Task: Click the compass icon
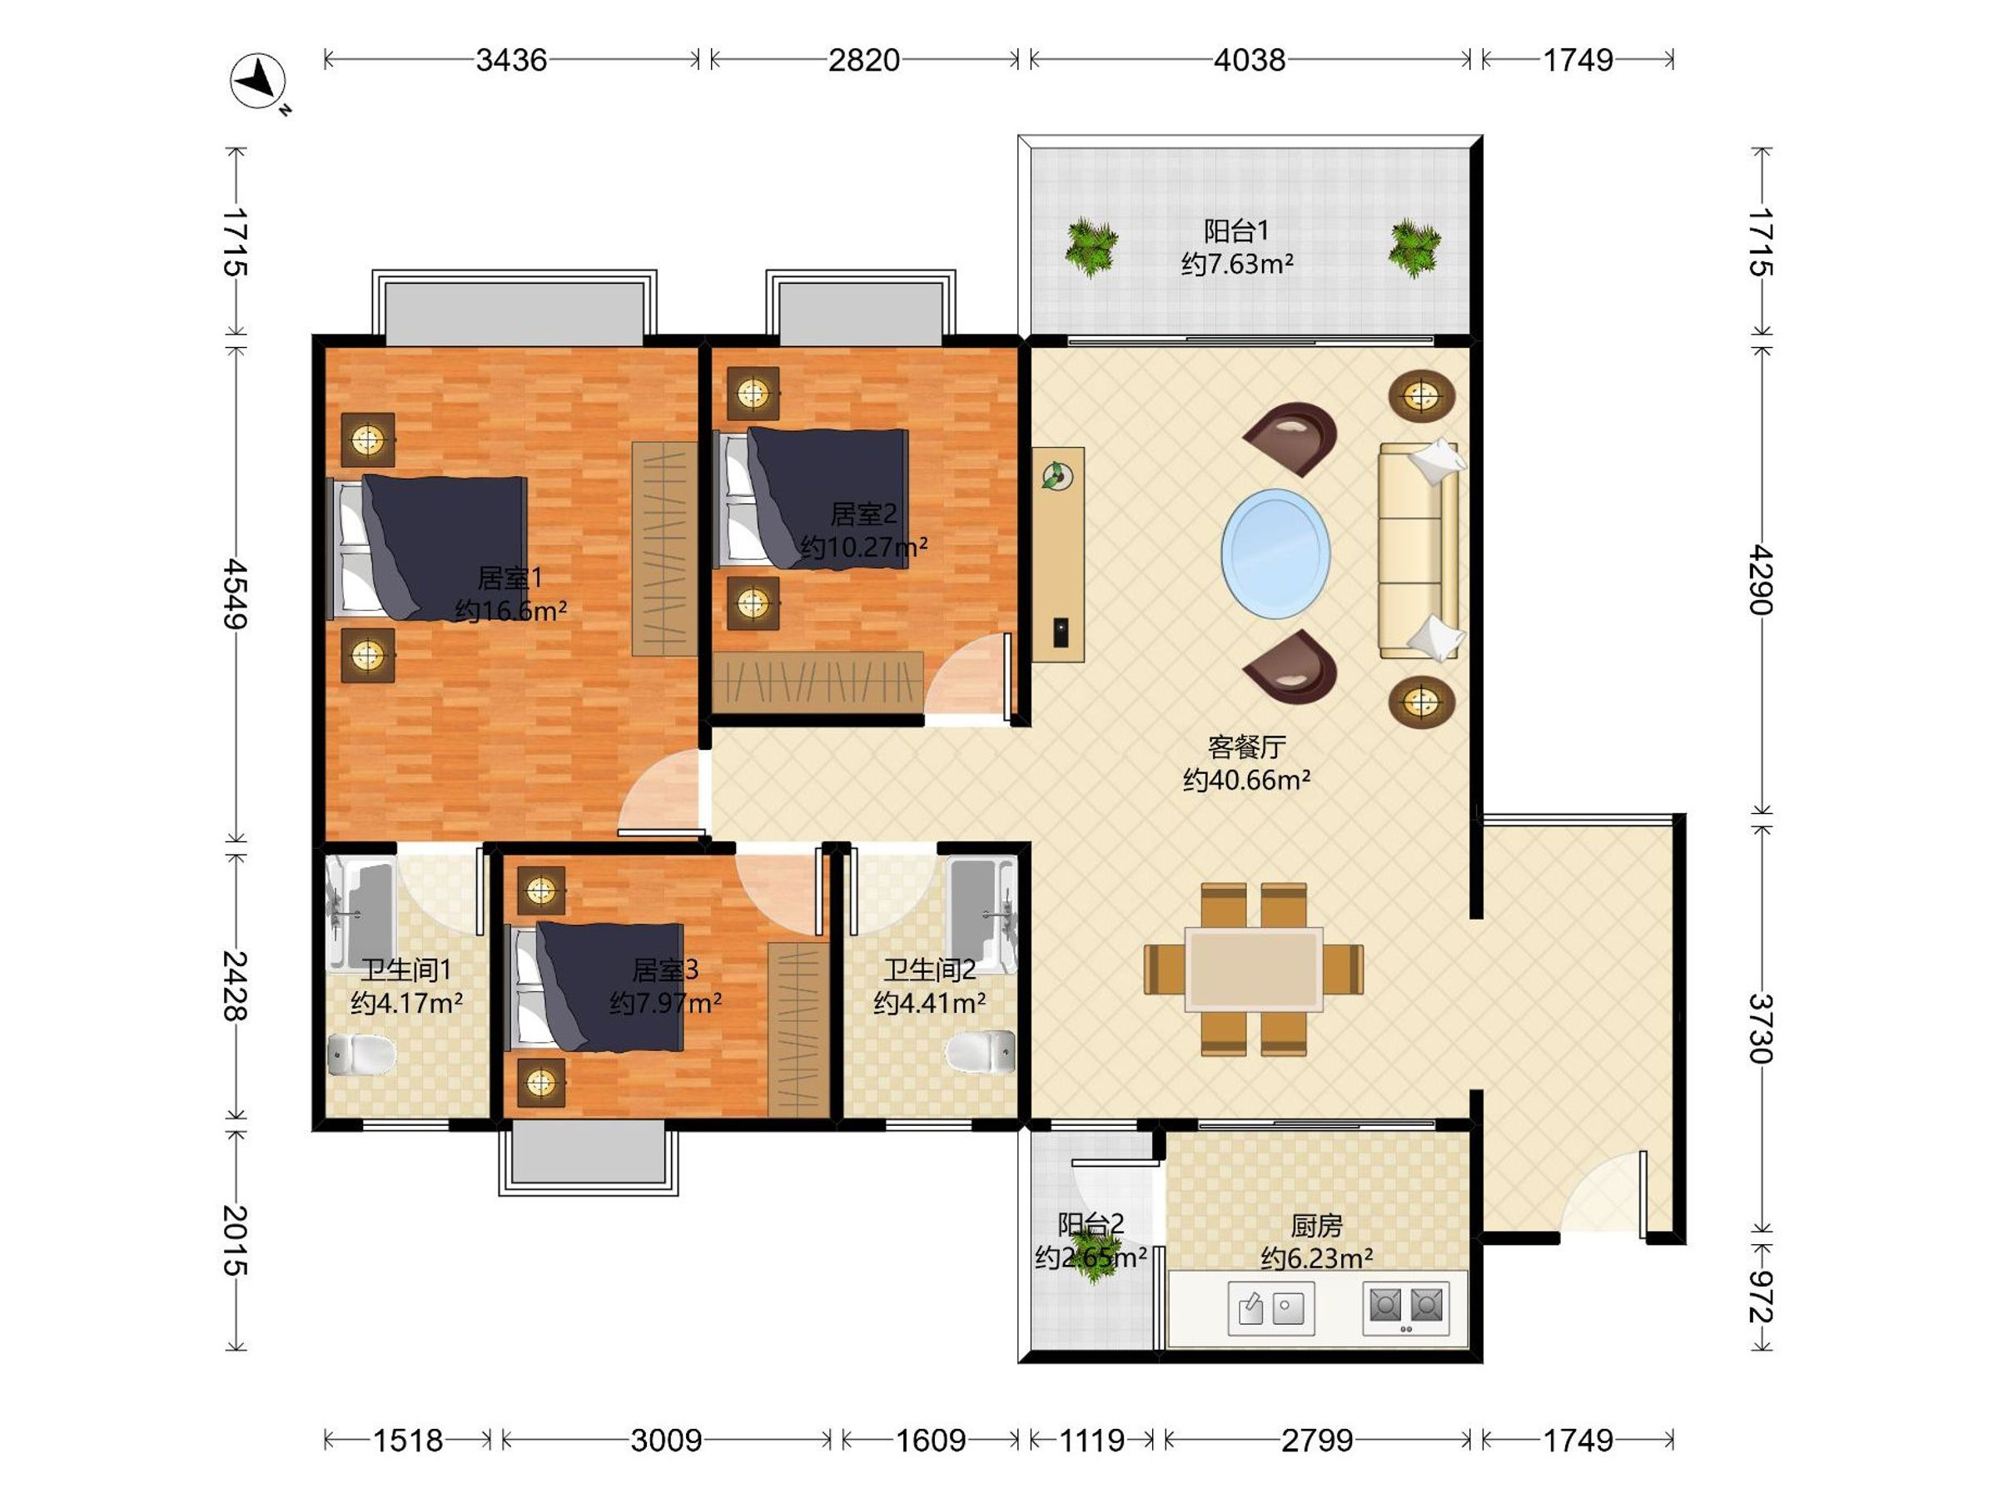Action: (x=258, y=82)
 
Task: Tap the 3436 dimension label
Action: (x=511, y=60)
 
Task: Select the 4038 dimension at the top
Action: (x=1250, y=60)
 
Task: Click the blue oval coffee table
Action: (x=1275, y=553)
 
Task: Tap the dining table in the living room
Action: (x=1254, y=969)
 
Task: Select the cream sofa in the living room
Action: (x=1418, y=551)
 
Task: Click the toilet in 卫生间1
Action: (x=360, y=1054)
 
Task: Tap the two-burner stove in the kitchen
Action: (x=1405, y=1307)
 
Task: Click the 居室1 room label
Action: (x=510, y=578)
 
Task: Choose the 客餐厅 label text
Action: (x=1246, y=747)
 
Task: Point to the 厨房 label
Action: (x=1316, y=1225)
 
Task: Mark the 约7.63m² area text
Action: (x=1236, y=264)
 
